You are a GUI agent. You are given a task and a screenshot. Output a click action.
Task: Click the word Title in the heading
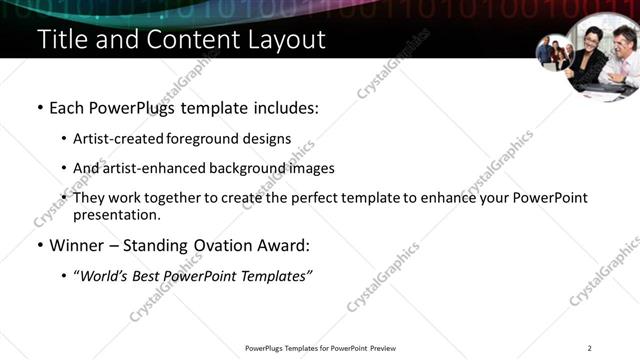click(x=60, y=40)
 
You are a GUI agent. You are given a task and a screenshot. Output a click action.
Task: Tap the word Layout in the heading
click(x=285, y=40)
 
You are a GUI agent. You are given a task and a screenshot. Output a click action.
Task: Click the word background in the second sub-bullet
click(x=253, y=168)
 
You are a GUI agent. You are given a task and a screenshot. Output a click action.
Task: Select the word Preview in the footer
click(x=382, y=349)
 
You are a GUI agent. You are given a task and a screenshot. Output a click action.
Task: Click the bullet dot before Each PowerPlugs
click(x=39, y=107)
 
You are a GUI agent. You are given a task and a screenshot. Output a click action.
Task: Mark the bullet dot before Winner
click(x=39, y=245)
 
